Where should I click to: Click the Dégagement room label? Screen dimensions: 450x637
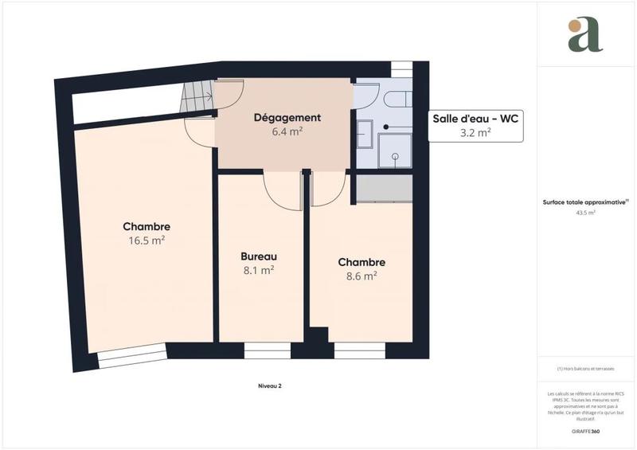point(287,118)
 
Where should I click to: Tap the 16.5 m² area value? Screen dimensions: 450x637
point(147,240)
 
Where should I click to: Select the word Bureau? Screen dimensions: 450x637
point(258,256)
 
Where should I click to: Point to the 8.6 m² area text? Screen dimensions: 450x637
point(361,276)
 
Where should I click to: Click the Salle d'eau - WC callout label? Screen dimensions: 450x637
point(475,119)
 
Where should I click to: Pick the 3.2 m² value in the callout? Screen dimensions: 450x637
point(475,133)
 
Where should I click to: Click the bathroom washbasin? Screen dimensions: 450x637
point(365,134)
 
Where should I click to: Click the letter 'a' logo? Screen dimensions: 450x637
point(585,34)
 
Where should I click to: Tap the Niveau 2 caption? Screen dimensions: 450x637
point(270,386)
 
